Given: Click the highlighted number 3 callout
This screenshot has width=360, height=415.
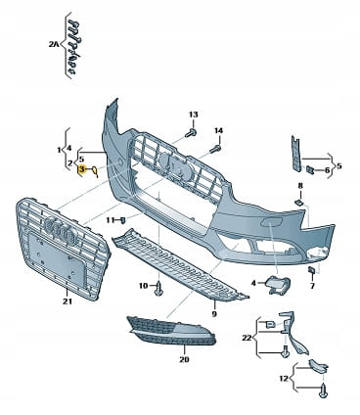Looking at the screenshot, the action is pyautogui.click(x=81, y=169).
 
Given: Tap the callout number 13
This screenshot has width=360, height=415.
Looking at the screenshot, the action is pyautogui.click(x=194, y=115).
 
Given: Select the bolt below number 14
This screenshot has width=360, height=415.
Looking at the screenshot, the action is pyautogui.click(x=215, y=150).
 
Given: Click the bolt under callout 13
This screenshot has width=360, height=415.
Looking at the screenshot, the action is pyautogui.click(x=191, y=133).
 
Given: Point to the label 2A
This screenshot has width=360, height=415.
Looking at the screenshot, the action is pyautogui.click(x=53, y=44).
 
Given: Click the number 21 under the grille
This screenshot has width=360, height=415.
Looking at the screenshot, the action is pyautogui.click(x=67, y=301).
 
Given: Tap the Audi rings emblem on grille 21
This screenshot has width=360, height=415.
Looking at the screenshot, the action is pyautogui.click(x=60, y=231).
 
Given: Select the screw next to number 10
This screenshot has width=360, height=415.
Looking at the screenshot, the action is pyautogui.click(x=158, y=289).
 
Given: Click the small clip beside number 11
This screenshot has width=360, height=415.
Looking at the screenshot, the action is pyautogui.click(x=123, y=220).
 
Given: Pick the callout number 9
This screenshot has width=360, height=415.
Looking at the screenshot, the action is pyautogui.click(x=214, y=314).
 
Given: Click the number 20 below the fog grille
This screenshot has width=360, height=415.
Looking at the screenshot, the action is pyautogui.click(x=184, y=359).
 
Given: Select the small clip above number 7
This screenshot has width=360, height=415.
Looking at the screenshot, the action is pyautogui.click(x=311, y=270).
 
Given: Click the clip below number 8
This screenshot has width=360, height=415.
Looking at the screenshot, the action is pyautogui.click(x=298, y=203).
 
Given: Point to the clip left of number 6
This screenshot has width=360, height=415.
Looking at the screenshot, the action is pyautogui.click(x=309, y=169).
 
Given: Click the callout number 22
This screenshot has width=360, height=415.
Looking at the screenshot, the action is pyautogui.click(x=247, y=338).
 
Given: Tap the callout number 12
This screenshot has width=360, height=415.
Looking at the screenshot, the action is pyautogui.click(x=284, y=379).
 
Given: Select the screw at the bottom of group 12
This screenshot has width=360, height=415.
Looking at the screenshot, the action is pyautogui.click(x=323, y=392).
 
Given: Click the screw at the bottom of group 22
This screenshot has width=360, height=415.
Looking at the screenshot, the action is pyautogui.click(x=286, y=352).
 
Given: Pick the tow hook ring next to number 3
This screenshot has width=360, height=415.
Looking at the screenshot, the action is pyautogui.click(x=94, y=171).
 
